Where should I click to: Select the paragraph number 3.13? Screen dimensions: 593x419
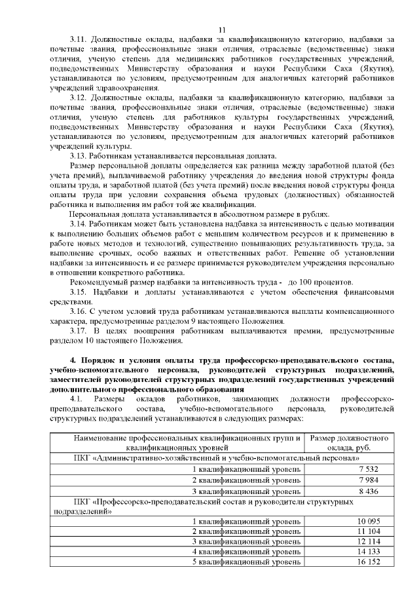[x=79, y=155]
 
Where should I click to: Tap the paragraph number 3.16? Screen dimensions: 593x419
[x=79, y=312]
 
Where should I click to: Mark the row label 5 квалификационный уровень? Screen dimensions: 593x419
[x=246, y=562]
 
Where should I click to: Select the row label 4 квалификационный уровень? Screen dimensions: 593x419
[x=246, y=552]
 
